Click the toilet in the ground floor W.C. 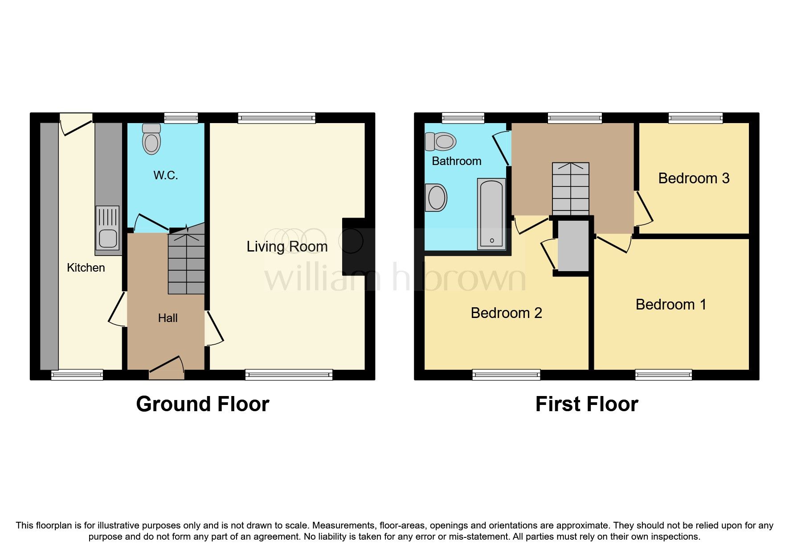point(151,139)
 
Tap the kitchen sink point(108,230)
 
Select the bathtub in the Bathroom point(491,214)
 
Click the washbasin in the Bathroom point(436,198)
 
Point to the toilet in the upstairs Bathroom point(441,142)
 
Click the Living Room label point(287,247)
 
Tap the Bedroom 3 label point(693,178)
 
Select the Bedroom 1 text point(670,305)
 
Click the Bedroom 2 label point(506,313)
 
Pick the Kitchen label point(86,268)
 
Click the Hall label point(168,318)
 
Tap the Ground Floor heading point(202,404)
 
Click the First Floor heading point(586,404)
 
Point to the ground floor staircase point(186,263)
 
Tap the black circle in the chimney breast point(352,241)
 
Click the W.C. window point(180,118)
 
